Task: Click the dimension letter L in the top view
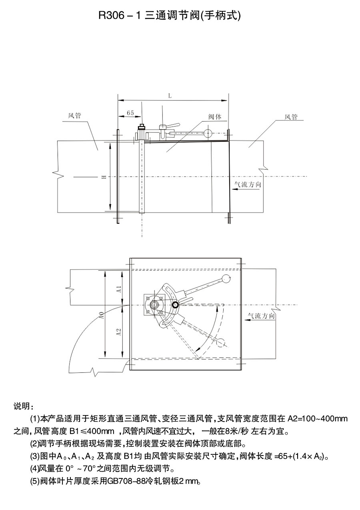(170, 96)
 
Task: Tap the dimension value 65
(130, 113)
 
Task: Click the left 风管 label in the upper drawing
(75, 116)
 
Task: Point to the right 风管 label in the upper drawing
(291, 117)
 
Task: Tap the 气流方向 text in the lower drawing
(261, 316)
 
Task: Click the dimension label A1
(118, 290)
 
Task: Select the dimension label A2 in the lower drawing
(118, 332)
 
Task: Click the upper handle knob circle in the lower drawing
(226, 279)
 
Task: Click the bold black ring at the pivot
(175, 305)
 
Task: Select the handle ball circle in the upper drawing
(208, 133)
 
